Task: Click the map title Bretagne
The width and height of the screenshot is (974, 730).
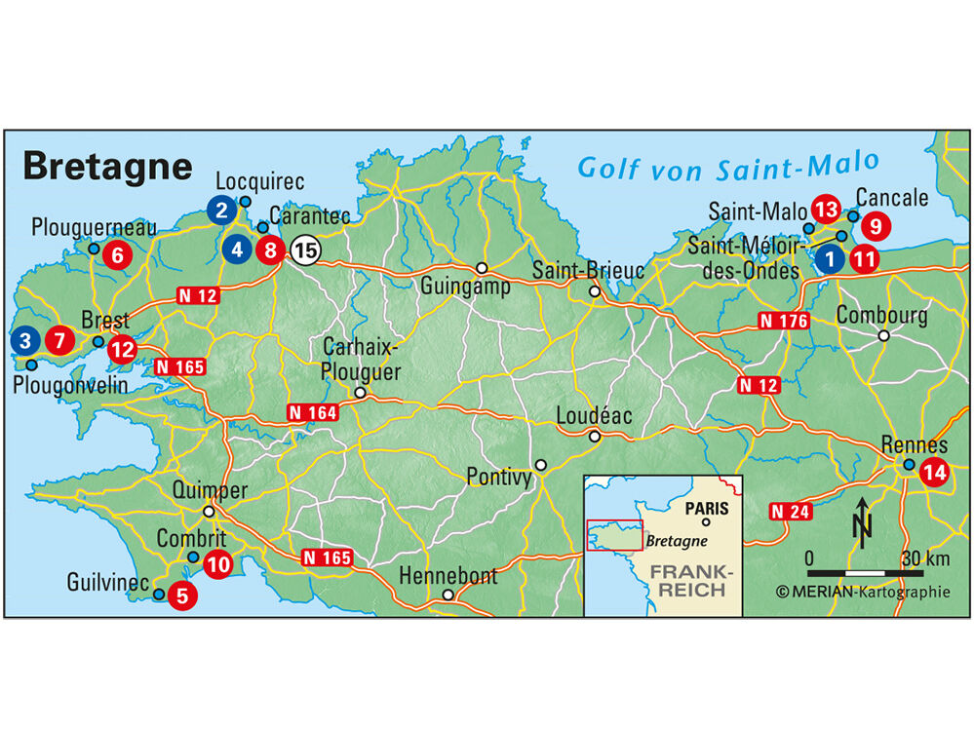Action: point(107,166)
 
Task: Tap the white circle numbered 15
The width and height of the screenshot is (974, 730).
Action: point(305,250)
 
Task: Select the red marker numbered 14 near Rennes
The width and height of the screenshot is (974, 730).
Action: point(934,472)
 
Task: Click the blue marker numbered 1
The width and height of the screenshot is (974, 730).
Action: point(829,259)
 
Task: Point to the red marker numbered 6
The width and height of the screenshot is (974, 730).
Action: point(117,256)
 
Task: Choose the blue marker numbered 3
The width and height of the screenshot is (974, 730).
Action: point(25,342)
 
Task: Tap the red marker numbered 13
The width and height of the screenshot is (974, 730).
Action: point(825,210)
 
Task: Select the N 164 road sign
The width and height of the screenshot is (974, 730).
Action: point(312,413)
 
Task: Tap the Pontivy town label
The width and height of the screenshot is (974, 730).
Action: point(499,478)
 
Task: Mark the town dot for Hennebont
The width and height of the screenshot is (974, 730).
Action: point(448,595)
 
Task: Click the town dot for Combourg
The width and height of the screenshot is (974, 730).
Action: point(883,335)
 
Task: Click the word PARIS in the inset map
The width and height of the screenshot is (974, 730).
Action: point(708,508)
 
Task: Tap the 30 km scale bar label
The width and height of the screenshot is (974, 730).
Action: point(924,558)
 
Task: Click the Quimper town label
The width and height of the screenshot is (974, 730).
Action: point(210,490)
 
